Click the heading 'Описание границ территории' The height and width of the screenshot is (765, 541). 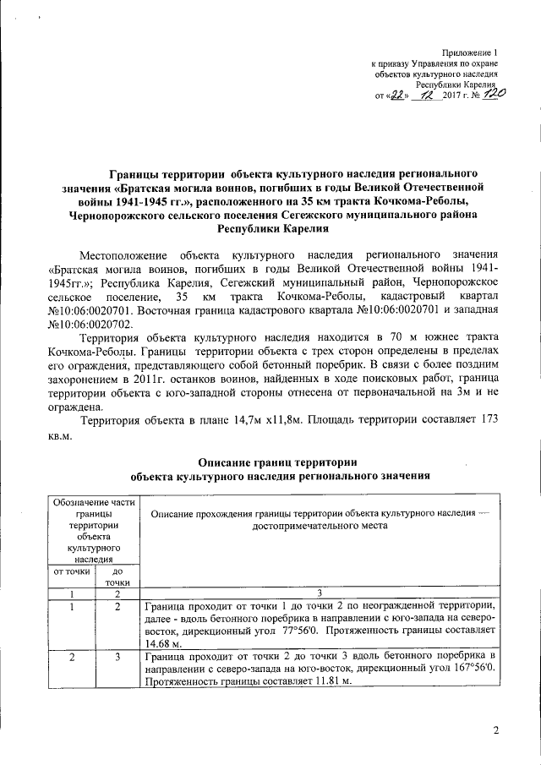click(276, 462)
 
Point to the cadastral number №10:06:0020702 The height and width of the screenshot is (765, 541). click(91, 324)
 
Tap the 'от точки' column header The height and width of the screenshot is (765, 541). click(73, 571)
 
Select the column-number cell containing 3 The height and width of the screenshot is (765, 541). click(314, 593)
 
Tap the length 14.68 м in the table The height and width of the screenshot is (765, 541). click(162, 644)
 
